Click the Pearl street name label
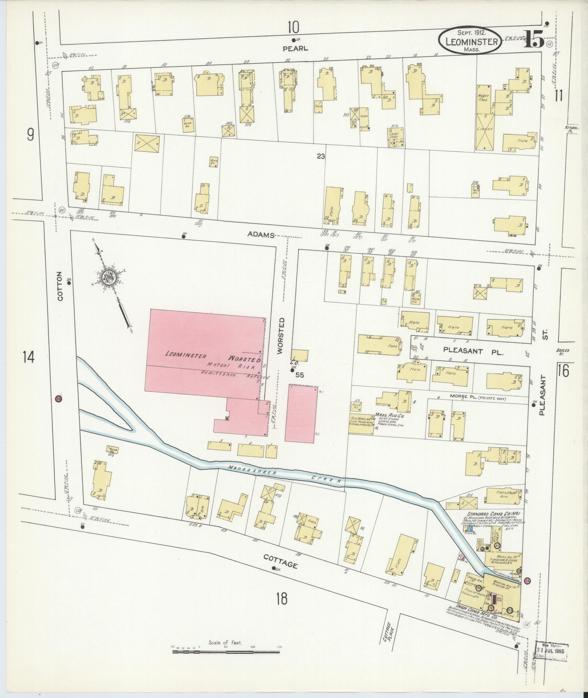click(295, 48)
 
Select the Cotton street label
click(60, 291)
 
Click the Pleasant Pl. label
click(473, 351)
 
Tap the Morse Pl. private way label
click(478, 398)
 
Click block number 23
click(320, 157)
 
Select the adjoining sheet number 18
click(281, 598)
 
